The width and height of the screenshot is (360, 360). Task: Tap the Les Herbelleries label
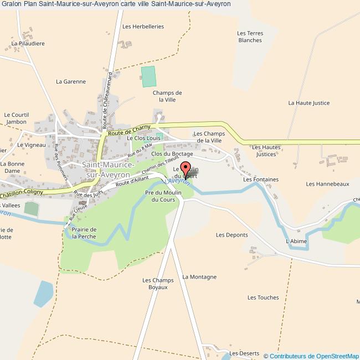143,26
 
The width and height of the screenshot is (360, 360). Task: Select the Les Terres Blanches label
250,37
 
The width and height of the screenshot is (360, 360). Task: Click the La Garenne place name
71,81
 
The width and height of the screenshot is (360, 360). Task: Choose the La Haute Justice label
308,103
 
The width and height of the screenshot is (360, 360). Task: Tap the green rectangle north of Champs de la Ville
148,76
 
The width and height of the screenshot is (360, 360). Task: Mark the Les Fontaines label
258,179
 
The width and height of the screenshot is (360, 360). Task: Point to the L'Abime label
295,241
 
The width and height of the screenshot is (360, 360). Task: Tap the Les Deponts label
232,235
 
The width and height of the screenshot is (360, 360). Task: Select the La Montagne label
199,276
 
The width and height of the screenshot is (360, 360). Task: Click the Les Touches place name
263,297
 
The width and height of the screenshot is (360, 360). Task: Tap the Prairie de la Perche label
84,233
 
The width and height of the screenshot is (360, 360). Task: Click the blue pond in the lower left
43,294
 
